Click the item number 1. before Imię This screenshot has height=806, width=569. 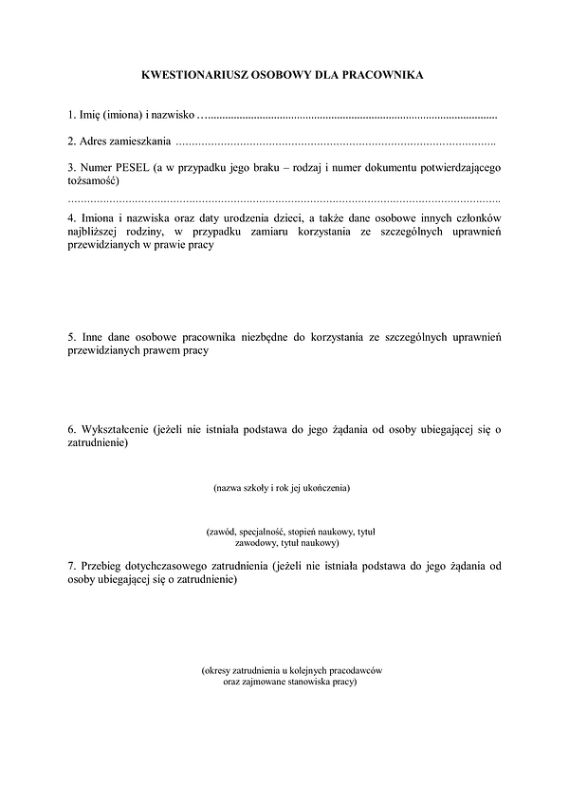(73, 116)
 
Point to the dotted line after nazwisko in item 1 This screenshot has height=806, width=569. (351, 116)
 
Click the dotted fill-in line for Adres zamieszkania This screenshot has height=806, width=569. (337, 142)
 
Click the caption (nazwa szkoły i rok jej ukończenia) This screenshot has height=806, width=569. (283, 488)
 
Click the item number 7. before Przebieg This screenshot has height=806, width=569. (73, 567)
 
